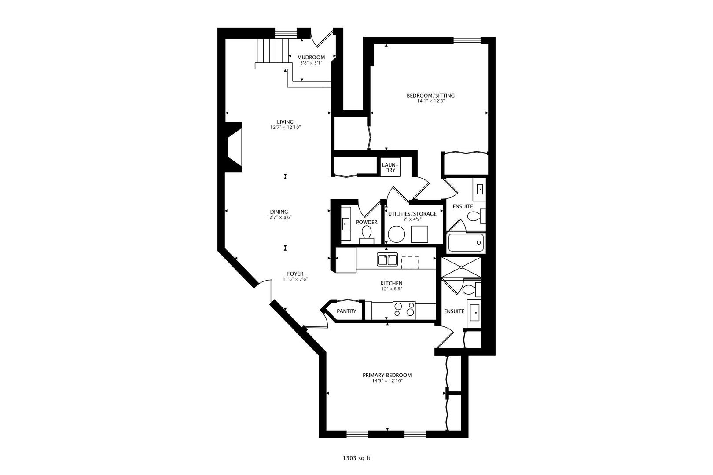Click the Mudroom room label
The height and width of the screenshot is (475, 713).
(311, 57)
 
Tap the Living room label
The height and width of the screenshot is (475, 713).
(285, 122)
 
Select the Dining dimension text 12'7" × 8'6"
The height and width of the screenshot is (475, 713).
(279, 217)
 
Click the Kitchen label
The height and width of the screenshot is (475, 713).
(391, 283)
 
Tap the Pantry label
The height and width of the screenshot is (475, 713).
(346, 311)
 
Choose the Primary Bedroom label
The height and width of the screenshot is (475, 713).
(387, 375)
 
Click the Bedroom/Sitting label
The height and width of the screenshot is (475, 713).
(430, 95)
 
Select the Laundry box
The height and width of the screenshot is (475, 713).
(390, 168)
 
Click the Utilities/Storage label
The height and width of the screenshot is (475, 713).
(412, 214)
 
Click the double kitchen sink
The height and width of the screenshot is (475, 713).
(387, 259)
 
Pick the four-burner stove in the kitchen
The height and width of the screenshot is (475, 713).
(404, 309)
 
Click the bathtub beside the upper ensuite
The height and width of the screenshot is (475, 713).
(466, 243)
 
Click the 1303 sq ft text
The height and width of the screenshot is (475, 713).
(356, 458)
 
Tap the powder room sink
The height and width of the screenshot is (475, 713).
(345, 224)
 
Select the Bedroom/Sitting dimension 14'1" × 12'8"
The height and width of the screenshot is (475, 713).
(430, 101)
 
